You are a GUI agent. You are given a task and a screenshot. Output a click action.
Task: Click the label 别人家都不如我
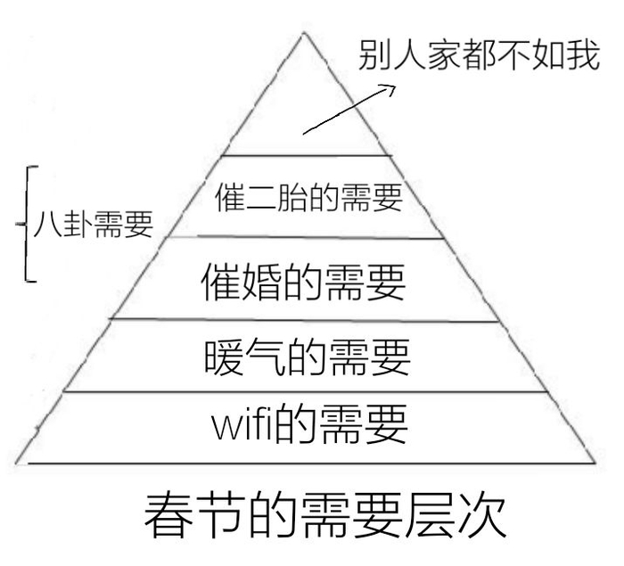click(480, 55)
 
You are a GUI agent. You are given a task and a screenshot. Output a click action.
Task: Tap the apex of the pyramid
click(304, 33)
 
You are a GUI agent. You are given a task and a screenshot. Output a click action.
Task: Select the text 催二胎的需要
click(309, 197)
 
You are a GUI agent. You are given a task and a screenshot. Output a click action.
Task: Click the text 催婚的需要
click(304, 282)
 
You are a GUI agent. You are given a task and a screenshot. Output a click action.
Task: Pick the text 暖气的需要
click(308, 357)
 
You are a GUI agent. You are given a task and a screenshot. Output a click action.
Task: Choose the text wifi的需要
click(309, 423)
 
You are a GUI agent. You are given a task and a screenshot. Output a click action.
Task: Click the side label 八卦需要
click(94, 224)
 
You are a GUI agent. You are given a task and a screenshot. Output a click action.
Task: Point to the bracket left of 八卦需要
click(26, 224)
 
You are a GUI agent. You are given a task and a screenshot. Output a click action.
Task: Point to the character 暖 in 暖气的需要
click(224, 357)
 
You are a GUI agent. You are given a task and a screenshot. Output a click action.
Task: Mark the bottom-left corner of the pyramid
click(16, 463)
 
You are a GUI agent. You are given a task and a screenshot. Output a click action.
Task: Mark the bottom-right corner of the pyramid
click(595, 463)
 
